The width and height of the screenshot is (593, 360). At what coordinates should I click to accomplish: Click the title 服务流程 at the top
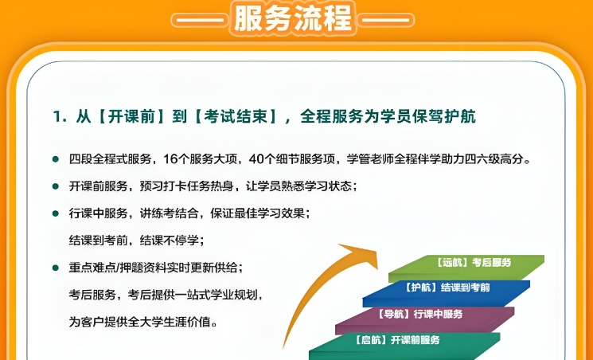[x=294, y=18]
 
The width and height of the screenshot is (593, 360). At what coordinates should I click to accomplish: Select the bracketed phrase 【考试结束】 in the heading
[x=236, y=116]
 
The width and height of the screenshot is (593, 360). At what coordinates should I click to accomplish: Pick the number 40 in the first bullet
[x=256, y=159]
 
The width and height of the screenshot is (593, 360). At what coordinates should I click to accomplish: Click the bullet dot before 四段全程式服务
[x=56, y=159]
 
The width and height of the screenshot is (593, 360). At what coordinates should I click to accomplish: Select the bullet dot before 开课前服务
[x=56, y=186]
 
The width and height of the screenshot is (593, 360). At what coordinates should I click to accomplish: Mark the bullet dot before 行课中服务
[x=56, y=213]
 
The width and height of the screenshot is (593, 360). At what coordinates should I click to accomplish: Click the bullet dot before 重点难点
[x=56, y=268]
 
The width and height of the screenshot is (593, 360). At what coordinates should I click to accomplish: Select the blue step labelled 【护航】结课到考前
[x=447, y=293]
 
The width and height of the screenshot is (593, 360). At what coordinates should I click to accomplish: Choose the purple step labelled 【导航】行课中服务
[x=424, y=320]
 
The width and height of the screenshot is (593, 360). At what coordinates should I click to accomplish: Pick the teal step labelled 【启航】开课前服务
[x=404, y=346]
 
